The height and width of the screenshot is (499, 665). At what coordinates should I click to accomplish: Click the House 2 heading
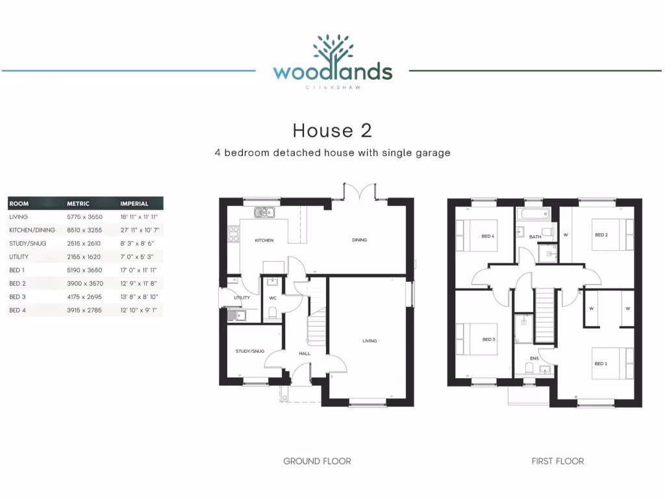pos(332,130)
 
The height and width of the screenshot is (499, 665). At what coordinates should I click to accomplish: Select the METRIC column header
pos(78,203)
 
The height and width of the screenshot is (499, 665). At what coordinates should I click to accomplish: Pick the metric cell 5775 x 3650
pos(84,217)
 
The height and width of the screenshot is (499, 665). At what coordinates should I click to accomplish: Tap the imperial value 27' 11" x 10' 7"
pos(140,230)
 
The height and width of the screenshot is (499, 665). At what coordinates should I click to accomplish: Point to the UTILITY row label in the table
pos(19,257)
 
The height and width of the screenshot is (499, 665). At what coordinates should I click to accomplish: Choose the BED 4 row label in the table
pos(17,311)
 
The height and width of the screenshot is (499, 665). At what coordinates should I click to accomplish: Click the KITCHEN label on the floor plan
pos(264,240)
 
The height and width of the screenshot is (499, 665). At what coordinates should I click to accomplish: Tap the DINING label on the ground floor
pos(359,240)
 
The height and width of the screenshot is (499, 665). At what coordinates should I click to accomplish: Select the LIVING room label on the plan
pos(370,340)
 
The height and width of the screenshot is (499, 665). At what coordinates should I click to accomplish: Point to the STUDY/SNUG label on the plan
pos(250,351)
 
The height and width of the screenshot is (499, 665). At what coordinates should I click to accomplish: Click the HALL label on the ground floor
pos(305,353)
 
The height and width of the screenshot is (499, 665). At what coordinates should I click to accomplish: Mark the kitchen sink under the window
pos(264,212)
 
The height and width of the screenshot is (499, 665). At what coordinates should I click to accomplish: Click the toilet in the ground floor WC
pos(273,313)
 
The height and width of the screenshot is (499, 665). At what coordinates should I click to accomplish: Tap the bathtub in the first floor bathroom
pos(533,214)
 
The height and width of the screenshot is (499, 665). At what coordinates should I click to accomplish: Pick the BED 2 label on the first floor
pos(601,235)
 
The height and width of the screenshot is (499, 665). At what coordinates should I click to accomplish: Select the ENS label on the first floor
pos(534,358)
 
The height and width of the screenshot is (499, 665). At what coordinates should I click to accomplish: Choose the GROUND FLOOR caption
pos(317,461)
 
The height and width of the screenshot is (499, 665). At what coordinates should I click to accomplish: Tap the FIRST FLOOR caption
pos(557,461)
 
